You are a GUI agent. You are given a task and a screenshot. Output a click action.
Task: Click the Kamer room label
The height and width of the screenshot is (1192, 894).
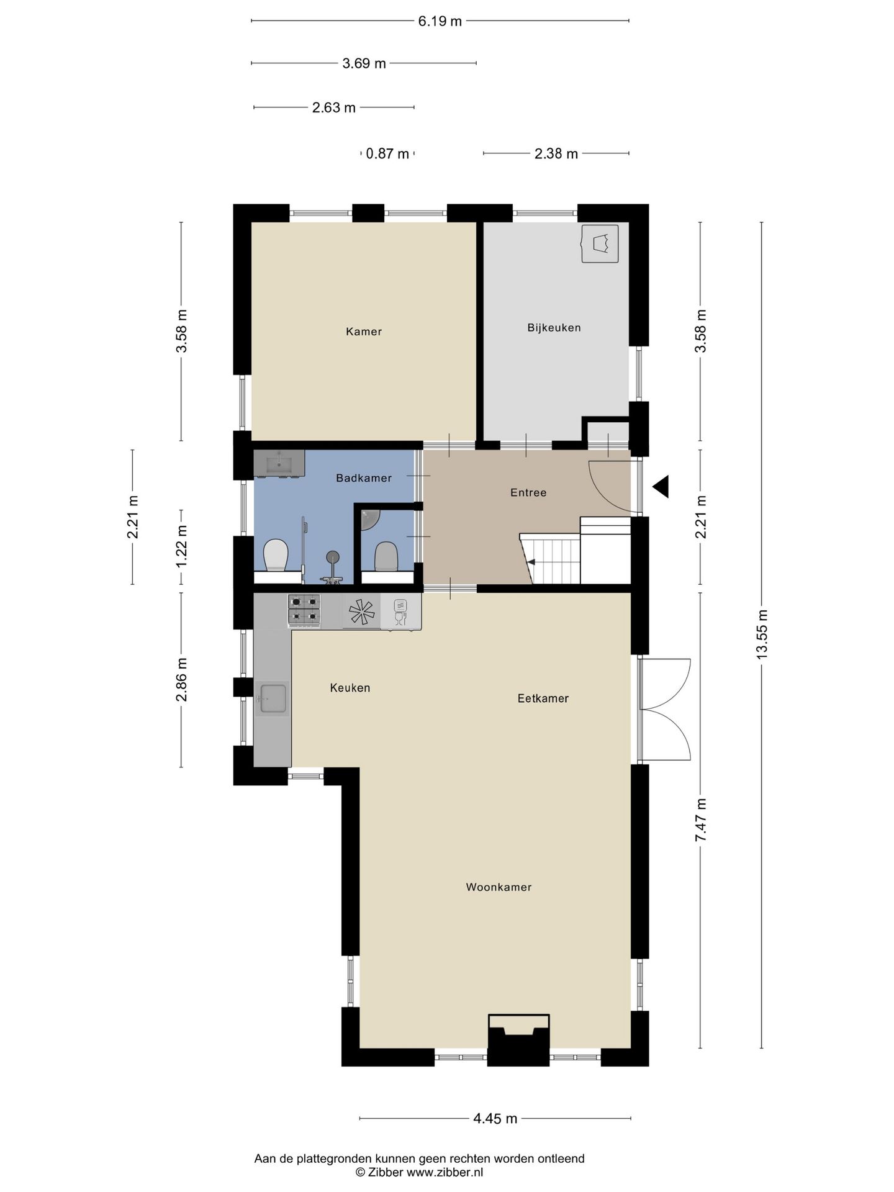pos(364,332)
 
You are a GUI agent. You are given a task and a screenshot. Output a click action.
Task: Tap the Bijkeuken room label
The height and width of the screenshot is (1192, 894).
pos(554,328)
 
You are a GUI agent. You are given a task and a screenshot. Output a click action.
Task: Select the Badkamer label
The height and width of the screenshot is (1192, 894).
pos(364,478)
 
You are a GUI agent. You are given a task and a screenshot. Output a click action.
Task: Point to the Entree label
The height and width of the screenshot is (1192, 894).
pos(528,493)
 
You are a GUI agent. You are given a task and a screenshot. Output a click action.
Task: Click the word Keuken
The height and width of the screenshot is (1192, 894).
pos(350,688)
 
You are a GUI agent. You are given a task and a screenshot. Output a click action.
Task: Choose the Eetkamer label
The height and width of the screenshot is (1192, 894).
pos(543,698)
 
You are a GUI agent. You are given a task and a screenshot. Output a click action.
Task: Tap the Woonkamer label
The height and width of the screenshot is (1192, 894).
pos(499,887)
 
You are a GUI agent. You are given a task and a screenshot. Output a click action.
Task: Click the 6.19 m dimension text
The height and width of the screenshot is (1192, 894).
pos(440,22)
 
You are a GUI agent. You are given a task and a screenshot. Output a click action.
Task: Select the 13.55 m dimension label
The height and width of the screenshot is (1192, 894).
pos(762,633)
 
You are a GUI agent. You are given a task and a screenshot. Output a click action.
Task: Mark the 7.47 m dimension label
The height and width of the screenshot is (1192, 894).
pos(701,819)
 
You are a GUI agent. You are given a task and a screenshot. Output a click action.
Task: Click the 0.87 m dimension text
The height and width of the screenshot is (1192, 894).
pos(388,153)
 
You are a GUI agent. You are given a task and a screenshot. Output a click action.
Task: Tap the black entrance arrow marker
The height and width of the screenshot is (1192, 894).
pos(661,486)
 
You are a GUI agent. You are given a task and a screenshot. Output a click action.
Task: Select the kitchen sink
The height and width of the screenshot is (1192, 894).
pos(273,698)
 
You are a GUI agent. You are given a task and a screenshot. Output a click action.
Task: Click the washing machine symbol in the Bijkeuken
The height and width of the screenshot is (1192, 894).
pos(600,244)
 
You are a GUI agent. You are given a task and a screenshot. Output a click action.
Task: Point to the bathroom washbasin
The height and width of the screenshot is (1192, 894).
pos(279,463)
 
